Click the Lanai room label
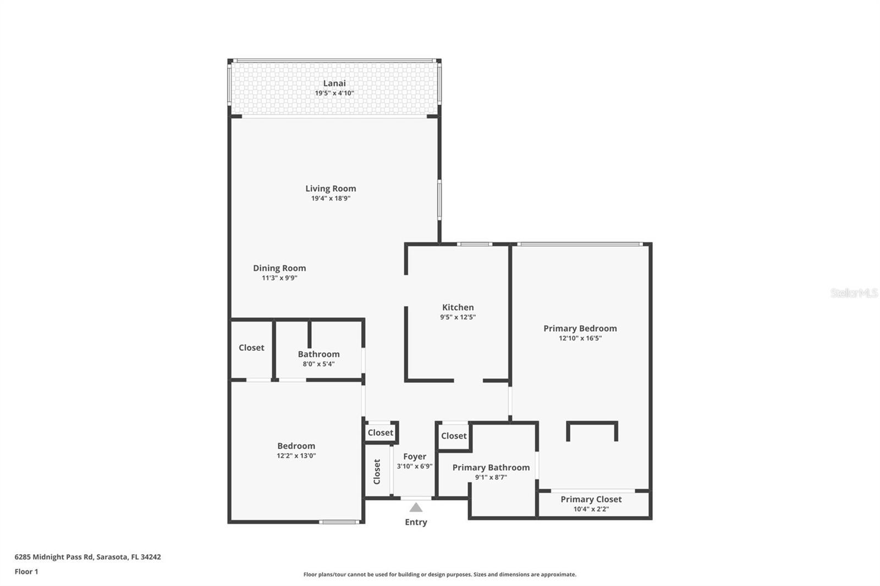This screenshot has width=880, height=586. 334,84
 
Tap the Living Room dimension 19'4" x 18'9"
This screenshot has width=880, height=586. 331,198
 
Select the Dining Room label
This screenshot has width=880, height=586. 279,268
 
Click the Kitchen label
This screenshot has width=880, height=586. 458,307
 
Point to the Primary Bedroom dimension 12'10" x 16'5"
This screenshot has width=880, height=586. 580,338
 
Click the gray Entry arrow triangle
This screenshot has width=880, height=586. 416,507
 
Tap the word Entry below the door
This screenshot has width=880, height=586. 416,522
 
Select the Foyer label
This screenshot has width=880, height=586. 414,456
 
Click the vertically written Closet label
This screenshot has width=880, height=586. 377,472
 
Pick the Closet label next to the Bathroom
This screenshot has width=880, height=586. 251,347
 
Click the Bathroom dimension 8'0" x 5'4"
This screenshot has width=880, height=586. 318,364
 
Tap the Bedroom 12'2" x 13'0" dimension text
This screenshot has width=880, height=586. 296,456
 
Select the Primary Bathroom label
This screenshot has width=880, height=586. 491,467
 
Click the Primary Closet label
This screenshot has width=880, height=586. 591,499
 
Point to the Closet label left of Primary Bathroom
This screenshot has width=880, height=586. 454,436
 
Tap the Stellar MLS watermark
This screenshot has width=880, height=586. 854,293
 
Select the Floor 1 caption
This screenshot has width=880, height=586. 26,572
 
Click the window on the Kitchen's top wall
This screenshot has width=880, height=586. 475,244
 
